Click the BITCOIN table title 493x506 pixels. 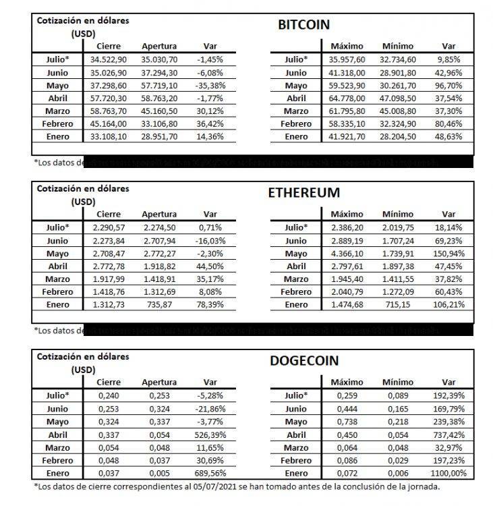303,25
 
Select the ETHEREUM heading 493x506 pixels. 303,192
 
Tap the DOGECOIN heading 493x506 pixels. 303,360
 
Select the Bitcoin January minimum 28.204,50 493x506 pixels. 398,137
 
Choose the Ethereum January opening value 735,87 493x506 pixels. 159,304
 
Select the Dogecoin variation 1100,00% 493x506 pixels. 448,473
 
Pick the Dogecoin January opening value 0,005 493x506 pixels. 159,473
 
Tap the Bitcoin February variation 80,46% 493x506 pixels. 448,124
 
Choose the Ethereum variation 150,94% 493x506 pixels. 448,253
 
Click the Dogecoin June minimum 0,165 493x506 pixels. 398,409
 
